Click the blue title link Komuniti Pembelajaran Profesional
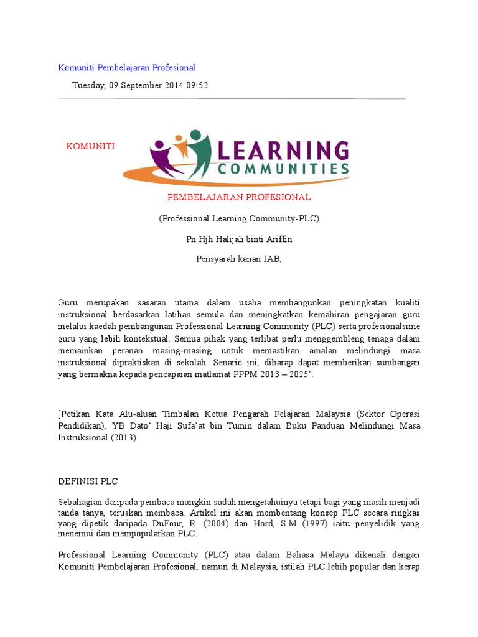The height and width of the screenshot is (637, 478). pos(126,67)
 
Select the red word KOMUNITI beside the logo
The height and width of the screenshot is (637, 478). pos(91,146)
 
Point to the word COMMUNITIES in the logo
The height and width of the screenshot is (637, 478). pos(283,169)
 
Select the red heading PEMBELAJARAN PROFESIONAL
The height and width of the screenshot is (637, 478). pos(239,197)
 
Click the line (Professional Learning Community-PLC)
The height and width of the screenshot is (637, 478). pos(239,218)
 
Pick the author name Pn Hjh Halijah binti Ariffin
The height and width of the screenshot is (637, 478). pos(239,239)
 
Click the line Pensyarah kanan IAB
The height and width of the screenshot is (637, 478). pos(239,259)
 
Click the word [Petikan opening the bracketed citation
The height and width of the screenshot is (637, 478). pos(77,414)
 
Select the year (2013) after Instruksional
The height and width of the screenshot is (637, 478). pos(122,437)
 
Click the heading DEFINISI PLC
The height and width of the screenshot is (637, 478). pos(87,481)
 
